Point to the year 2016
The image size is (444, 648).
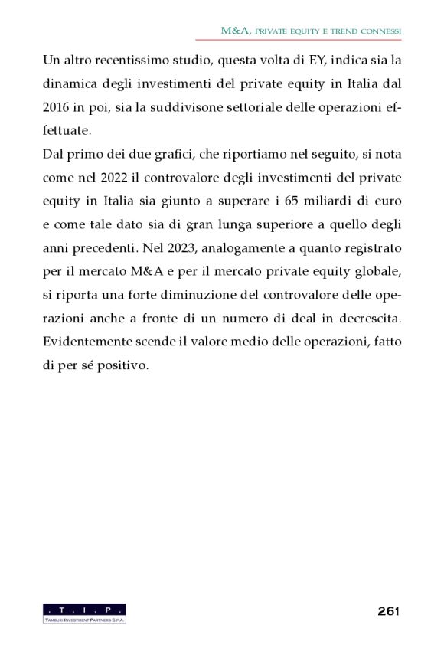(x=59, y=106)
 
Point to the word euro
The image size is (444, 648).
(x=387, y=201)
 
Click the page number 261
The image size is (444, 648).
(x=389, y=611)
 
